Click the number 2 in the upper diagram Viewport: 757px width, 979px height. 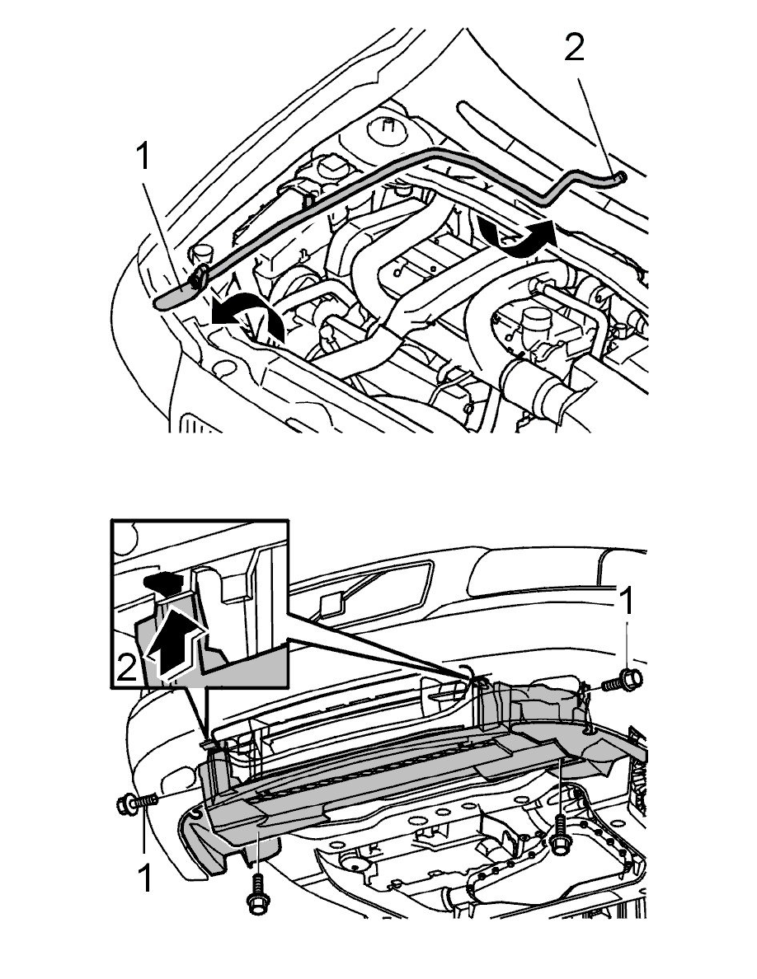[574, 49]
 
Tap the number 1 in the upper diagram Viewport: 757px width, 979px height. [144, 157]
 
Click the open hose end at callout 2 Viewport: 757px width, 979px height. [621, 176]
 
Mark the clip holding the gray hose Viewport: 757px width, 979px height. [197, 280]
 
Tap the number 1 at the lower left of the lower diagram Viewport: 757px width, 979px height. [144, 880]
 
